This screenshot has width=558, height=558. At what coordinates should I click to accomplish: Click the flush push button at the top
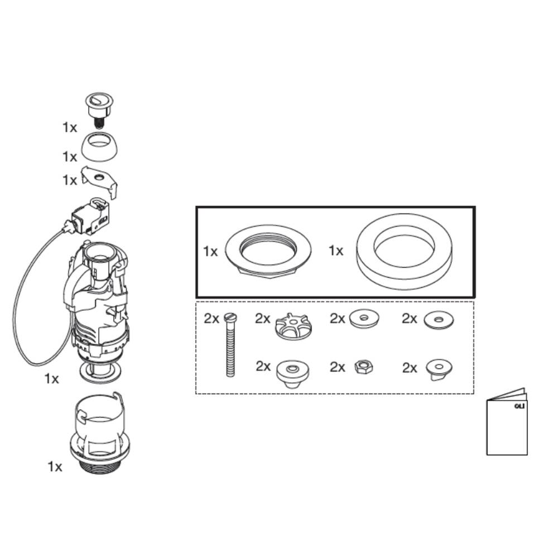pos(99,107)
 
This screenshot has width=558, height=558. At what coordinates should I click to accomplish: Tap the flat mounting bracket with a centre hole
pos(100,181)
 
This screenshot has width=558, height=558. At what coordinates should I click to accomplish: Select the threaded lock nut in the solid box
pos(268,251)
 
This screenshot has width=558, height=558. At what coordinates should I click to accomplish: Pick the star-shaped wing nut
pos(292,326)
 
